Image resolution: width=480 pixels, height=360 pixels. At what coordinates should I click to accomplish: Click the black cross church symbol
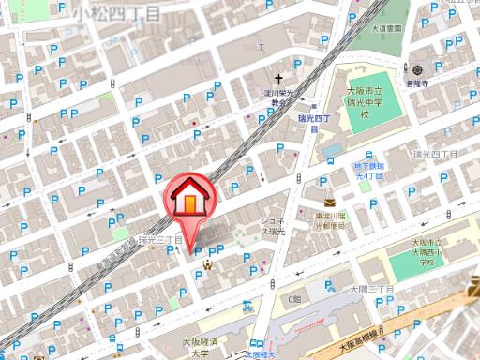(278, 80)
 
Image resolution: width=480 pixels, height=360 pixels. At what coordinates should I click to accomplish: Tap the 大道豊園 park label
(385, 28)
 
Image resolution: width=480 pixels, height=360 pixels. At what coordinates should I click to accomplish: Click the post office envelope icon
(330, 202)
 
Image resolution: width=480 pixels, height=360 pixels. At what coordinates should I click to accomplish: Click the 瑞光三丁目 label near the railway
(159, 241)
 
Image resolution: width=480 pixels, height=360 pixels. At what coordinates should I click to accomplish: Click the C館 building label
(294, 299)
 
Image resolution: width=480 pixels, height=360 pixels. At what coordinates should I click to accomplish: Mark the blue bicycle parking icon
(247, 306)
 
